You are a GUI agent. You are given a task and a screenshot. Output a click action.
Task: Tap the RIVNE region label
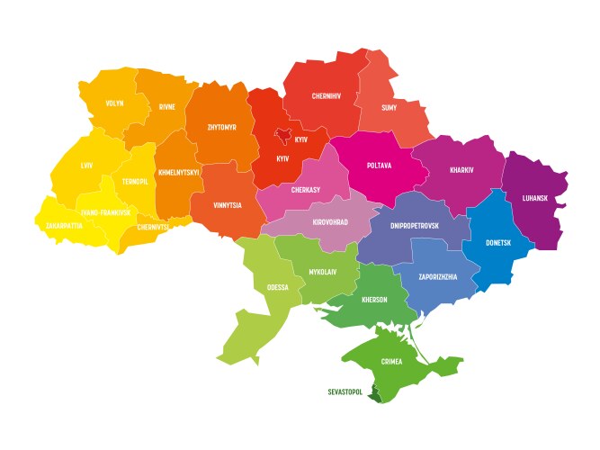(167, 106)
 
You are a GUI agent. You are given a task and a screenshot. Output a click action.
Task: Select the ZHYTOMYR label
(221, 128)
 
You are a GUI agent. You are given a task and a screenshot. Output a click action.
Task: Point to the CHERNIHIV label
(326, 95)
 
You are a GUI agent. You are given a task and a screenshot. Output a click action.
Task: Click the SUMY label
(390, 108)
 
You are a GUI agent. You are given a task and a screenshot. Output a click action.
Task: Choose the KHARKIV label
(461, 169)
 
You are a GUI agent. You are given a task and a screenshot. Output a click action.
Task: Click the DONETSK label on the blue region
(498, 243)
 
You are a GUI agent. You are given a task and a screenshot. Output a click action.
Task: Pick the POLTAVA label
(380, 166)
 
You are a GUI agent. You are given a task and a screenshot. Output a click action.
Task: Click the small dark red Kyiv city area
(282, 136)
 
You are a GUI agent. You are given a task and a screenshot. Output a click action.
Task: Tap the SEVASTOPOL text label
(345, 391)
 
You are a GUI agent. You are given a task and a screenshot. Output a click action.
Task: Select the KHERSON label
(374, 300)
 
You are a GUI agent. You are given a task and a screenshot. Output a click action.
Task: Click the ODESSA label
(277, 288)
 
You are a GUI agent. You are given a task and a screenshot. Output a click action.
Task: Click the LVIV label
(86, 166)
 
